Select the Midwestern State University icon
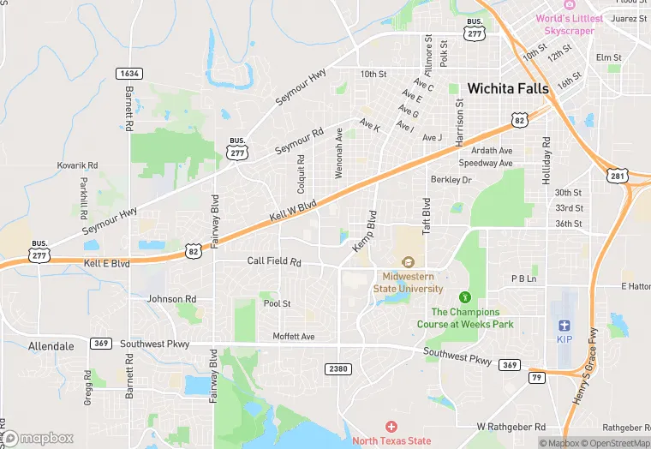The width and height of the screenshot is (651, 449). (408, 262)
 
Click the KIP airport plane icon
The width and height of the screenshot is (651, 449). (564, 325)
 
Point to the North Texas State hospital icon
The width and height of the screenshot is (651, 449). (391, 427)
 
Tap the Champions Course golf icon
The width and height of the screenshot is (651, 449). (465, 296)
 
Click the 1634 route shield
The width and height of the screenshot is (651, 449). (129, 74)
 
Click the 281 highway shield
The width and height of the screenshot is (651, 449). (618, 177)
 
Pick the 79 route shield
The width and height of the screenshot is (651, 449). (536, 378)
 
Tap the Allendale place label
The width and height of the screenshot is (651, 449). (27, 344)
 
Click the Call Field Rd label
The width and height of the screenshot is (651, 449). (274, 261)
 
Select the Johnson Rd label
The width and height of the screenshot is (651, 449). (171, 299)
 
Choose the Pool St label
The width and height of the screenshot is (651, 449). (277, 304)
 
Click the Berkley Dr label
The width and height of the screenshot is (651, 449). (451, 180)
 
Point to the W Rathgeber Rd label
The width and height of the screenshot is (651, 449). (511, 426)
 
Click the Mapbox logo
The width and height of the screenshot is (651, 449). (38, 438)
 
